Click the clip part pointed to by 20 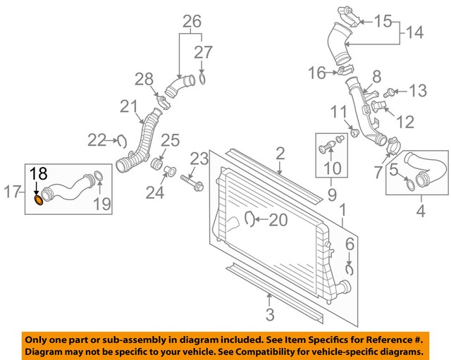249,220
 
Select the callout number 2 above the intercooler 280,153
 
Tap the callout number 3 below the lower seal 269,315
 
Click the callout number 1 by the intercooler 343,210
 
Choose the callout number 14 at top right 416,32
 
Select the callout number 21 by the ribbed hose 128,106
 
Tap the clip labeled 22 119,141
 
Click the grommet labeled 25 159,165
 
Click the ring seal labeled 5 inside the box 408,185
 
